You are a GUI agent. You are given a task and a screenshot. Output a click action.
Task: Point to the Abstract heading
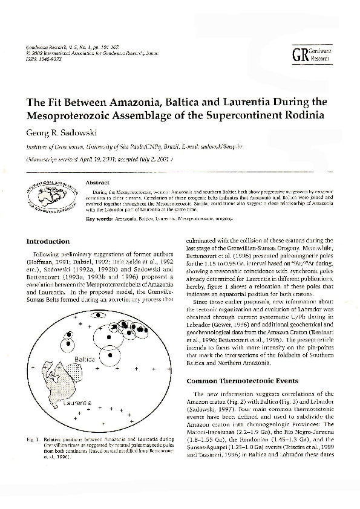pos(97,181)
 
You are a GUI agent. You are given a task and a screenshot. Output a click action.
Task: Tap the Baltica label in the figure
pos(84,359)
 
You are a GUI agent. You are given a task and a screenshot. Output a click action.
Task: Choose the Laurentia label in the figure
pos(76,402)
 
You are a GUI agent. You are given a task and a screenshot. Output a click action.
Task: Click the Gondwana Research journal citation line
pos(67,47)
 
